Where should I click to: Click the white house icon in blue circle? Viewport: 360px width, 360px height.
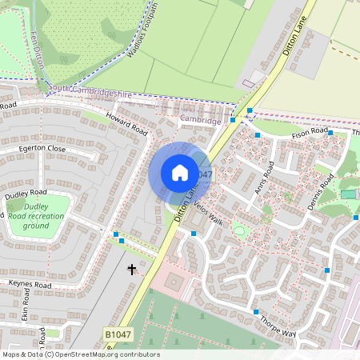click(x=180, y=173)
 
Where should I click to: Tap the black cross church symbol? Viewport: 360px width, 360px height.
click(x=132, y=270)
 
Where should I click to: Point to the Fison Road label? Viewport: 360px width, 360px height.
click(x=310, y=133)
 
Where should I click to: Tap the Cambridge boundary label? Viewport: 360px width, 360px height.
click(x=200, y=120)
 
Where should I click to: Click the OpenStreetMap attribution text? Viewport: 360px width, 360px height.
click(x=80, y=354)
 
